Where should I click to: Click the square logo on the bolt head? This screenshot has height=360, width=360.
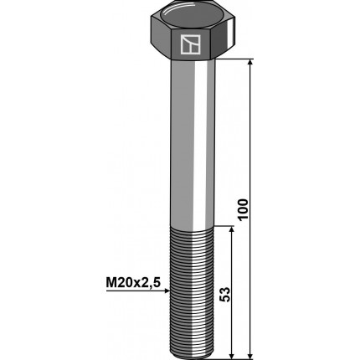pyautogui.click(x=190, y=44)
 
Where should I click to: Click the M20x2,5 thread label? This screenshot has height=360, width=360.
pyautogui.click(x=133, y=283)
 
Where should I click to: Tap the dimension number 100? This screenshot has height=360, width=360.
pyautogui.click(x=243, y=209)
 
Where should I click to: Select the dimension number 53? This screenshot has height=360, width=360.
pyautogui.click(x=225, y=294)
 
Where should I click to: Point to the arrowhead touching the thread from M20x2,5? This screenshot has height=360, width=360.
pyautogui.click(x=167, y=291)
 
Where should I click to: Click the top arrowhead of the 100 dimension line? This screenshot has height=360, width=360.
pyautogui.click(x=250, y=62)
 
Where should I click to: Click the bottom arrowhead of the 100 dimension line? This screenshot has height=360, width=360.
pyautogui.click(x=250, y=355)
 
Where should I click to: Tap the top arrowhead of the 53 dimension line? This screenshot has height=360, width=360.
pyautogui.click(x=231, y=229)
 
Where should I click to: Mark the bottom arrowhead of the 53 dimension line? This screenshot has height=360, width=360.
pyautogui.click(x=231, y=355)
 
